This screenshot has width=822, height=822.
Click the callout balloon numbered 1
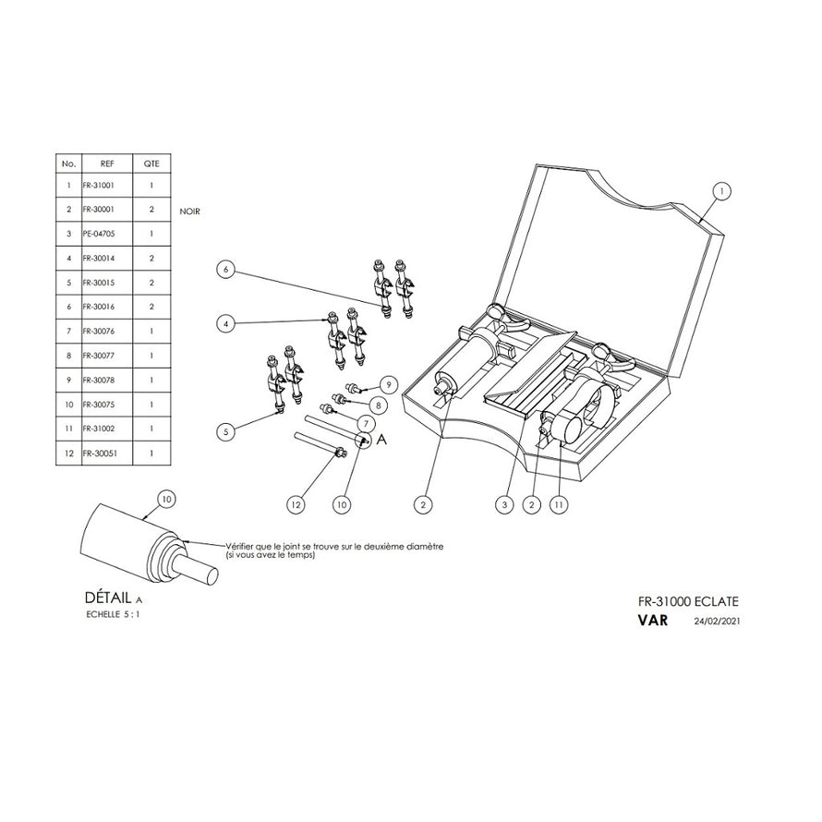[722, 191]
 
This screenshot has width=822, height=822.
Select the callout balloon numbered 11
[558, 504]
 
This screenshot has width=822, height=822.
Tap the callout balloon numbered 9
[387, 383]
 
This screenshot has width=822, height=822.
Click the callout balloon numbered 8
[376, 404]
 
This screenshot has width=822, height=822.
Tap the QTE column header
[151, 163]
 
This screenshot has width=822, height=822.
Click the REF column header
[106, 163]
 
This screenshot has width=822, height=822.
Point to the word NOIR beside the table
[189, 212]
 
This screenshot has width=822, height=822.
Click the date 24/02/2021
[718, 622]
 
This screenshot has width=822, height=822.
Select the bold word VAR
[652, 621]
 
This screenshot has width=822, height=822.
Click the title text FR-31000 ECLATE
[688, 600]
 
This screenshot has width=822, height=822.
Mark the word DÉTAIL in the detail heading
[108, 597]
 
